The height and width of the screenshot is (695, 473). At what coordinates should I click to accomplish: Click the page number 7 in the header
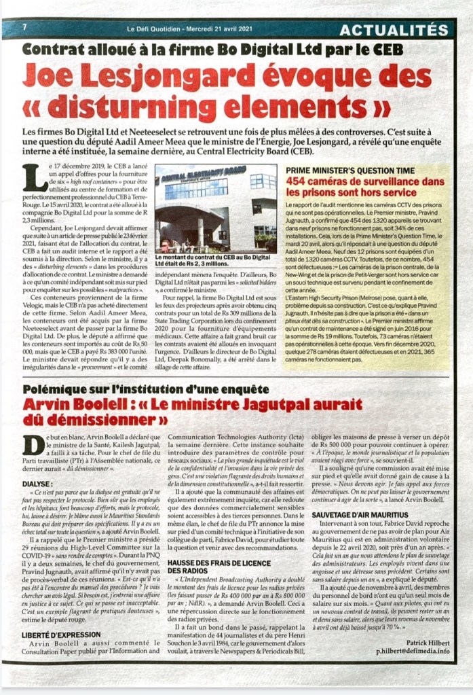click(24, 27)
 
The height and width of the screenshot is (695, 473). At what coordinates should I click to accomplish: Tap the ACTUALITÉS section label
click(394, 29)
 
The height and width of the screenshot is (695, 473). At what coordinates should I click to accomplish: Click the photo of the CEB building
click(215, 209)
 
